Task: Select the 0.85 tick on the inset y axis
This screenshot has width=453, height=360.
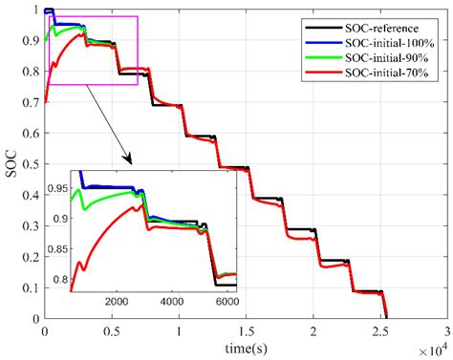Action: click(x=56, y=248)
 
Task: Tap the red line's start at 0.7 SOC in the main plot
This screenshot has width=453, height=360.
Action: click(x=46, y=102)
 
